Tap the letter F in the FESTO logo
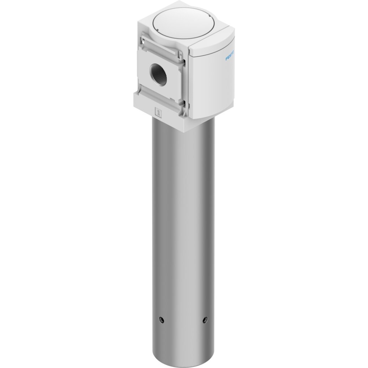[x=227, y=59]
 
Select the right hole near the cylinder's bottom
[x=205, y=319]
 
